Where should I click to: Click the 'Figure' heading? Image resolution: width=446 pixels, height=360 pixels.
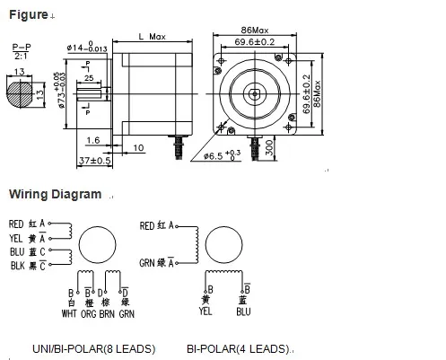[x=28, y=13]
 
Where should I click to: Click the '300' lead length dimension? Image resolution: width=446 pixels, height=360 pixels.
[x=269, y=148]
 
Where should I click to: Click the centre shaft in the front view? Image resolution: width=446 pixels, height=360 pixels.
[x=256, y=92]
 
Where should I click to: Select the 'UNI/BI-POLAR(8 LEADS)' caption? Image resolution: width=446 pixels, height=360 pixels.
[x=82, y=348]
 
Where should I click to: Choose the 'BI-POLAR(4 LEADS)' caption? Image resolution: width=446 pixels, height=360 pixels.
[x=240, y=348]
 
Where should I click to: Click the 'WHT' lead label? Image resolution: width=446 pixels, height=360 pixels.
[x=69, y=313]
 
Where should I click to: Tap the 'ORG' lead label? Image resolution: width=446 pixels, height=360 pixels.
[x=88, y=313]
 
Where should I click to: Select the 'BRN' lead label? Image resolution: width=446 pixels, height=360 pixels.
[x=107, y=313]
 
